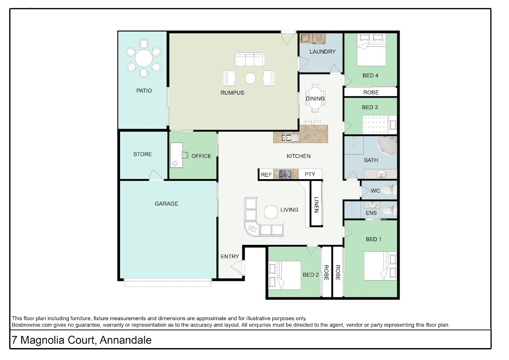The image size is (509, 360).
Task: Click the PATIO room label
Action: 144,91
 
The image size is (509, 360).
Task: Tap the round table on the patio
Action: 144,58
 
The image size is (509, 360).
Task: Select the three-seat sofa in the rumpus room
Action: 249,59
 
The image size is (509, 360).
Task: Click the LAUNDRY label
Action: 322,52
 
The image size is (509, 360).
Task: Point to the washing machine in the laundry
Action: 319,39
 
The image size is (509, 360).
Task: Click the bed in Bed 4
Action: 371,50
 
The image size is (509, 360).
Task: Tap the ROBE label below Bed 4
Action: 371,92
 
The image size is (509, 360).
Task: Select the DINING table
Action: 315,98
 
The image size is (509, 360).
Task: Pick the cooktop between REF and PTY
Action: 285,174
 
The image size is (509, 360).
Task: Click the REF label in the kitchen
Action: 266,174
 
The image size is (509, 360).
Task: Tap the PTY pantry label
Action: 310,174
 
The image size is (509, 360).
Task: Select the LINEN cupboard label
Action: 316,205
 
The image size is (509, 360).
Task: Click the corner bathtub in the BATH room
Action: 387,146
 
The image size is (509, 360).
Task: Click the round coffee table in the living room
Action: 271,212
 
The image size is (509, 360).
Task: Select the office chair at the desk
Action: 185,155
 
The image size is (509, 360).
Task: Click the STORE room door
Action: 156,175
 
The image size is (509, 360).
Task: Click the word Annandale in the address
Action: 126,340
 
